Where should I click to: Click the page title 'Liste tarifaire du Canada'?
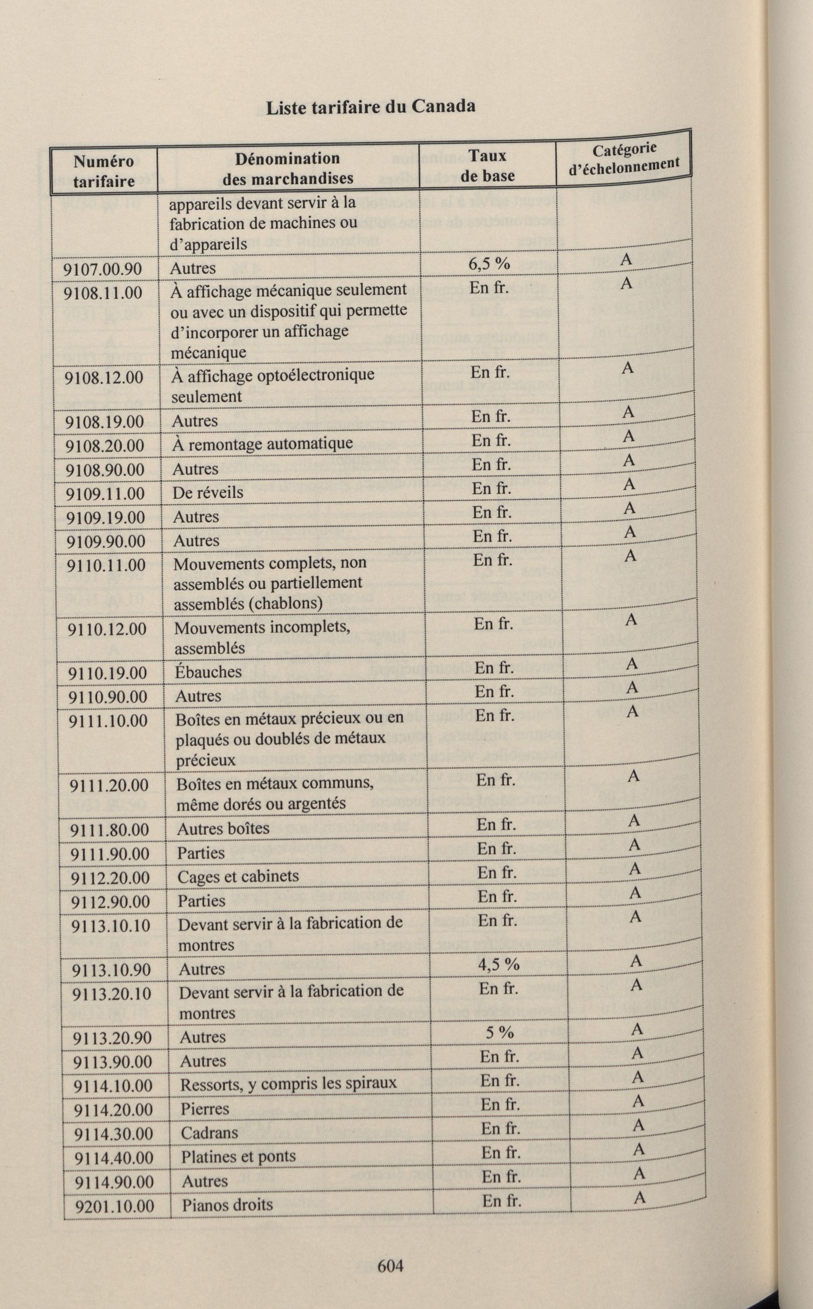click(x=370, y=107)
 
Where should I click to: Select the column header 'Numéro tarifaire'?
click(x=104, y=171)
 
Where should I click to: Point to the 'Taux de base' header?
click(x=487, y=166)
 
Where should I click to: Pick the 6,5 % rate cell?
click(x=489, y=264)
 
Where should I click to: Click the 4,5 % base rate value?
click(x=499, y=964)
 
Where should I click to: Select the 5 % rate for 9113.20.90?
click(x=499, y=1032)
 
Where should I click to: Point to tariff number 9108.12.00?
click(x=104, y=377)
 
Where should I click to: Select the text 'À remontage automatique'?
click(x=263, y=444)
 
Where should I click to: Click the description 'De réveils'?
click(x=207, y=492)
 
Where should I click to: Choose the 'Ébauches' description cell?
click(x=208, y=672)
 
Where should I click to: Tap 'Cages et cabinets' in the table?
click(x=238, y=876)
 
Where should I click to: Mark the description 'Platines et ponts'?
click(x=238, y=1156)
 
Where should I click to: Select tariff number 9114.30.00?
click(x=113, y=1133)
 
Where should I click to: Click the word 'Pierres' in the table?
click(x=205, y=1108)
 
